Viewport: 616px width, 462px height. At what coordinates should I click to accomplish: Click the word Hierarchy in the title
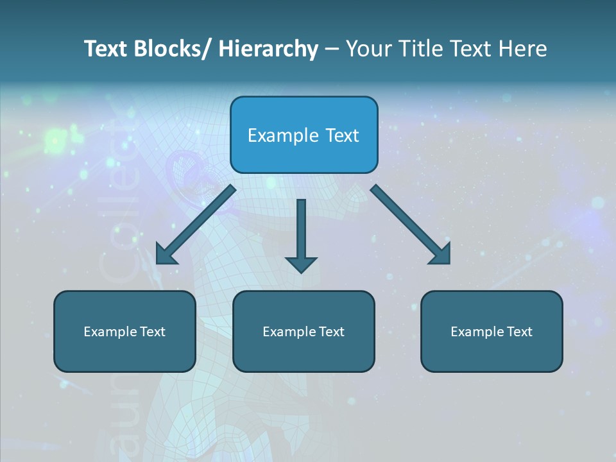[x=268, y=49]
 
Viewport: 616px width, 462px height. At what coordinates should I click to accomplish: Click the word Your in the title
[x=368, y=49]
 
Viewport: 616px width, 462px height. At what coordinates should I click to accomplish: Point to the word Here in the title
[x=524, y=49]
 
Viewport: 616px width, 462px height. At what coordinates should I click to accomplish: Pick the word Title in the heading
[x=417, y=49]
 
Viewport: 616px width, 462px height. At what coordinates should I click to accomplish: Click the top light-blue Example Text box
[x=304, y=135]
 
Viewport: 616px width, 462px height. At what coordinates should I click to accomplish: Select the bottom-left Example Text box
[x=124, y=332]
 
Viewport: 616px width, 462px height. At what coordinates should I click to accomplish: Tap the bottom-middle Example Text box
[x=304, y=332]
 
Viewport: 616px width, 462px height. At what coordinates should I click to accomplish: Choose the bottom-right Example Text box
[x=492, y=332]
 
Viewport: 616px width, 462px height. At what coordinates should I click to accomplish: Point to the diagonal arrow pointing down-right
[x=410, y=224]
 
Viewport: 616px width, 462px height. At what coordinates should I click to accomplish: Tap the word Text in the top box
[x=343, y=135]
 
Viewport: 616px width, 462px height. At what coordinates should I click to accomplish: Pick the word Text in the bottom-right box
[x=518, y=332]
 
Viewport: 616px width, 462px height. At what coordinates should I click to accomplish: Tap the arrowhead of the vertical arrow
[x=301, y=264]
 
